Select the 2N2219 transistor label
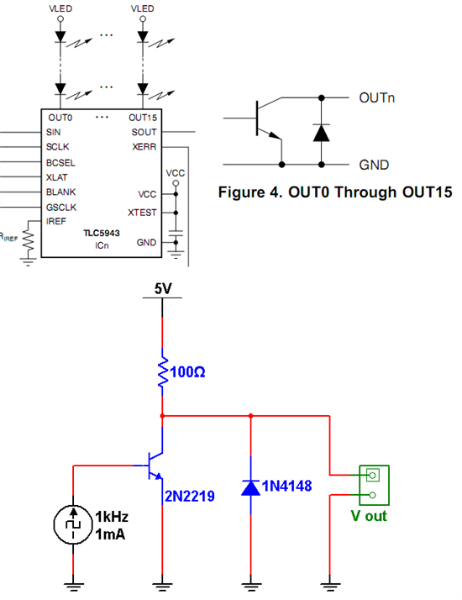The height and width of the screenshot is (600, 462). pyautogui.click(x=190, y=497)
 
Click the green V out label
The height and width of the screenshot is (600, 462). pyautogui.click(x=369, y=516)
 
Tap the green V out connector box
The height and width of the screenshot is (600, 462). pyautogui.click(x=370, y=485)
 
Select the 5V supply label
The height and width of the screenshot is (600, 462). pyautogui.click(x=163, y=288)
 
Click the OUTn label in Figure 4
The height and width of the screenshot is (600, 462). pyautogui.click(x=378, y=97)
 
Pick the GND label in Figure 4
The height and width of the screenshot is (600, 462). pyautogui.click(x=374, y=164)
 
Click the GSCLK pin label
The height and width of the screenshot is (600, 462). pyautogui.click(x=62, y=206)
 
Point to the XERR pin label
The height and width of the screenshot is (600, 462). pyautogui.click(x=144, y=147)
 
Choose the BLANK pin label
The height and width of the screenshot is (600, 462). pyautogui.click(x=61, y=192)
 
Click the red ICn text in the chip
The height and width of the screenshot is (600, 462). pyautogui.click(x=101, y=245)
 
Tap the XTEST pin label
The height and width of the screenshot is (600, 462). pyautogui.click(x=142, y=213)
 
